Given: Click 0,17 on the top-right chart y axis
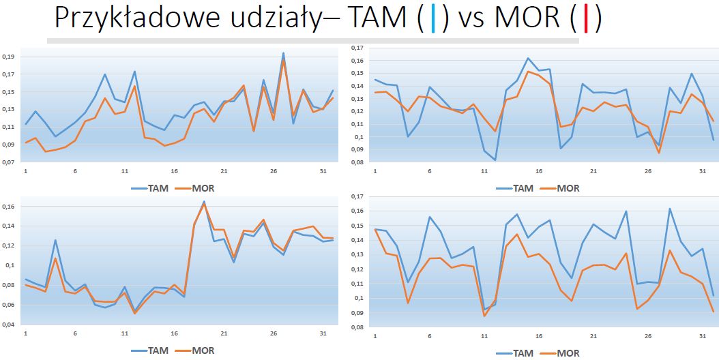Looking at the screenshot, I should pos(357,48).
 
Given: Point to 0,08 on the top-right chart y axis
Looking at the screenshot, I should pos(357,163).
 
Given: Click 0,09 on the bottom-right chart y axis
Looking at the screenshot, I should pos(357,312).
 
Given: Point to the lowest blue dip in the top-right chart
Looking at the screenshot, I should pos(495,160).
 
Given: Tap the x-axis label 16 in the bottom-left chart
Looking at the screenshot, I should pos(175,333).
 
